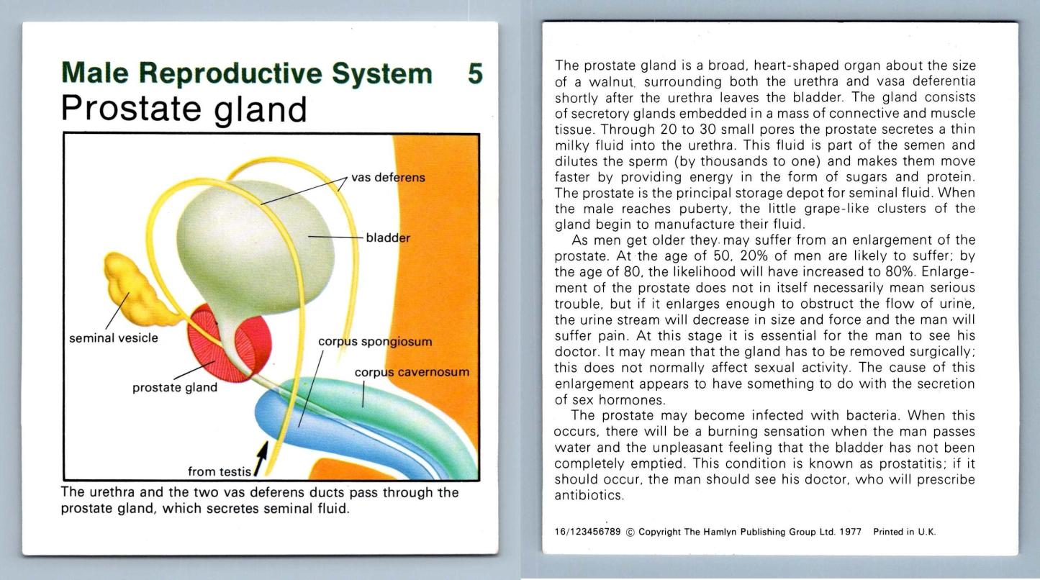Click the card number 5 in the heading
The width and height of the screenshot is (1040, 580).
[x=476, y=73]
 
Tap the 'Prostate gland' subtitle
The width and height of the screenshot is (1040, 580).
[x=184, y=109]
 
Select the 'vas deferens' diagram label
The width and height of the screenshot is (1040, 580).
[x=388, y=178]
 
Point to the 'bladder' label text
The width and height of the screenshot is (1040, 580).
[x=388, y=237]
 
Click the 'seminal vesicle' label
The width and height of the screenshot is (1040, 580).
[x=113, y=338]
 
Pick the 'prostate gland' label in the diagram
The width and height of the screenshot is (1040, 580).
[x=175, y=387]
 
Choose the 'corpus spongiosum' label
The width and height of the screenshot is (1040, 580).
[x=375, y=342]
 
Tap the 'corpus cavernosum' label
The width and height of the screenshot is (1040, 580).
[x=412, y=373]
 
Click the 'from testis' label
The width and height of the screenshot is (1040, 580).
[x=219, y=472]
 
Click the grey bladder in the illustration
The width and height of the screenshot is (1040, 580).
[x=255, y=246]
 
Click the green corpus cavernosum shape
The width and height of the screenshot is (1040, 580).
[x=394, y=413]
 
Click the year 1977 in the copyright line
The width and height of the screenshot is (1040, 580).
[x=850, y=532]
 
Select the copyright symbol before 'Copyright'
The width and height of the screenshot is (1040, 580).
[x=630, y=533]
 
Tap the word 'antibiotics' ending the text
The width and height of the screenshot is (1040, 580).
[x=589, y=495]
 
